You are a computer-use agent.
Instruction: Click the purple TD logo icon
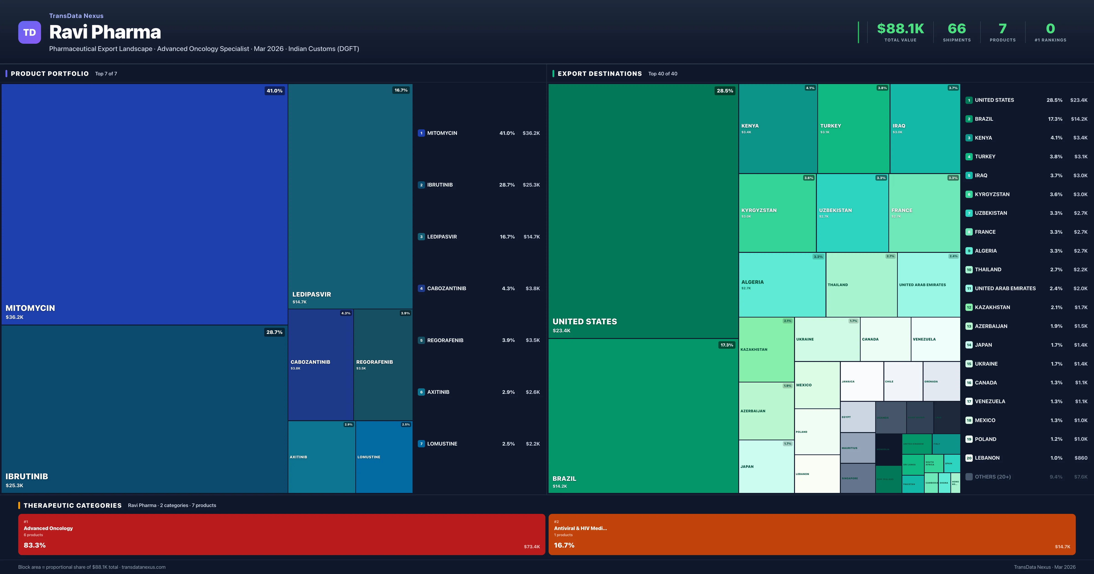[29, 32]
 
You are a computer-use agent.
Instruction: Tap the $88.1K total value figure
[900, 28]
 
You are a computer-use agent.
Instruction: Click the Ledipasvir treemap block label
[311, 294]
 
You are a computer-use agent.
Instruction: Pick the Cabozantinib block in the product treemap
[321, 364]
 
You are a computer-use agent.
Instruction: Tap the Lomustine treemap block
[384, 457]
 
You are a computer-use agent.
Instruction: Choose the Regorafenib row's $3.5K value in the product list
[533, 340]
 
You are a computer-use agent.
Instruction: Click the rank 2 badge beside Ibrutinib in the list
[421, 185]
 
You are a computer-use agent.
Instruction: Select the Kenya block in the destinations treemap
[778, 128]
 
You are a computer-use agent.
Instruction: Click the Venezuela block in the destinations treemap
[935, 339]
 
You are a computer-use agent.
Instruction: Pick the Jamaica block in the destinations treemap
[861, 381]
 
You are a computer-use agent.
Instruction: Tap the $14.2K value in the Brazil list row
[1079, 119]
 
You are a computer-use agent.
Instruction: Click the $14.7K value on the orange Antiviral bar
[1062, 546]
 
